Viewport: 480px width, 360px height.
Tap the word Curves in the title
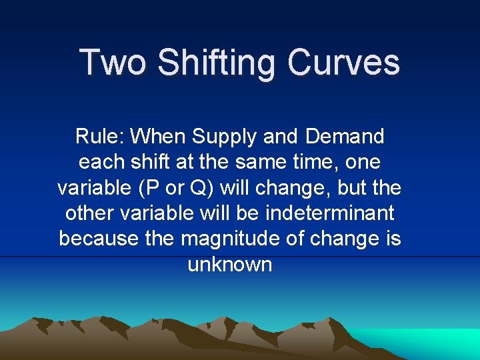click(x=344, y=63)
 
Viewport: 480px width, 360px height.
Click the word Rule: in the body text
click(x=100, y=137)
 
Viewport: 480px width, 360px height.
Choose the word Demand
click(x=345, y=137)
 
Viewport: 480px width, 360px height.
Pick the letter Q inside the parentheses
click(x=198, y=188)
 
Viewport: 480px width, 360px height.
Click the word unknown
click(x=230, y=265)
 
